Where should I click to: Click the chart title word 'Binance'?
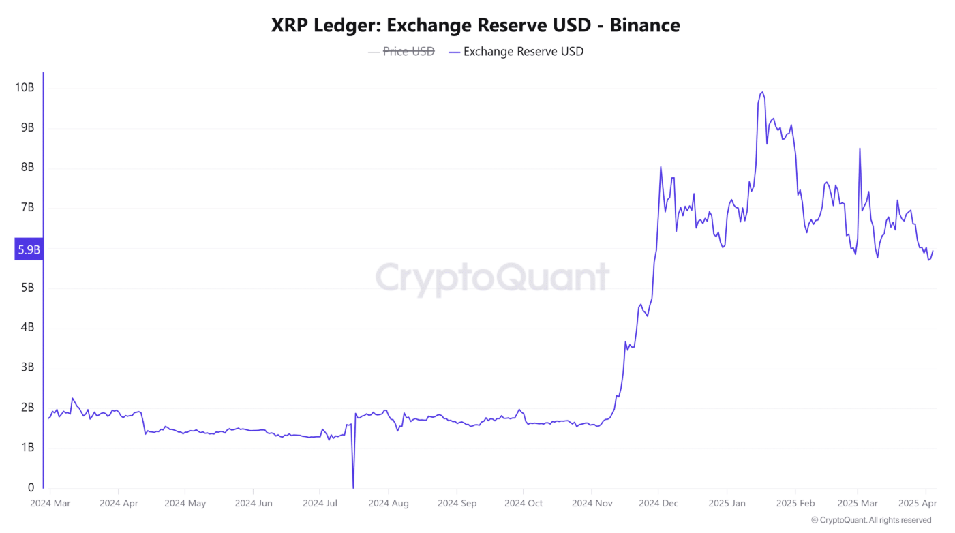click(645, 25)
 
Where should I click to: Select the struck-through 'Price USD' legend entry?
click(408, 51)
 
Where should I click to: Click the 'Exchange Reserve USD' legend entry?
click(523, 51)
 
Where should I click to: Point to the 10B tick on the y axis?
click(25, 88)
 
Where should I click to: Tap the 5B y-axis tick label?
click(27, 288)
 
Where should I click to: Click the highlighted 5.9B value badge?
click(29, 250)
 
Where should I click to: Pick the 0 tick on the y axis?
click(31, 487)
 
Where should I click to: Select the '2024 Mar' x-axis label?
click(50, 504)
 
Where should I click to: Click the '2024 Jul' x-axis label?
click(320, 504)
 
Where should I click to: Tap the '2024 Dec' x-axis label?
click(658, 504)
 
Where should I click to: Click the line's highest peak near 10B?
click(761, 92)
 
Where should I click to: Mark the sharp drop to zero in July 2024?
click(353, 487)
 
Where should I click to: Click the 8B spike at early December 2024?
click(661, 167)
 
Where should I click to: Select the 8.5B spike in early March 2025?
click(860, 149)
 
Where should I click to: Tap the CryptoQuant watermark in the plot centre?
click(492, 278)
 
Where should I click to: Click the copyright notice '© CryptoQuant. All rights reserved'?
click(871, 520)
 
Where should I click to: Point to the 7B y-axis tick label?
click(27, 208)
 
